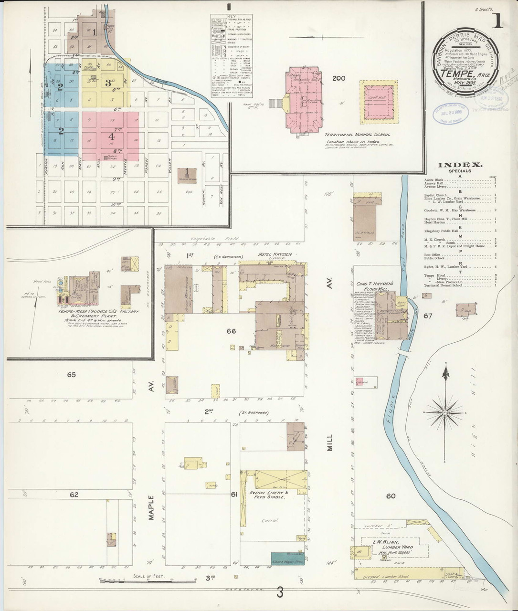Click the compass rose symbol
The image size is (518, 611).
tap(445, 411)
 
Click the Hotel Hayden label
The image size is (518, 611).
tap(275, 254)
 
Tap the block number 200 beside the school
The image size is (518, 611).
tap(338, 78)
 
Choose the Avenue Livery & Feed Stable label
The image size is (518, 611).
tap(267, 495)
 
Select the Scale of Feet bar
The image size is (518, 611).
tap(148, 580)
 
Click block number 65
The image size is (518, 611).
tap(71, 375)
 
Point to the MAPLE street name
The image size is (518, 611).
tap(151, 509)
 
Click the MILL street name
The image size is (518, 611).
tap(328, 442)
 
